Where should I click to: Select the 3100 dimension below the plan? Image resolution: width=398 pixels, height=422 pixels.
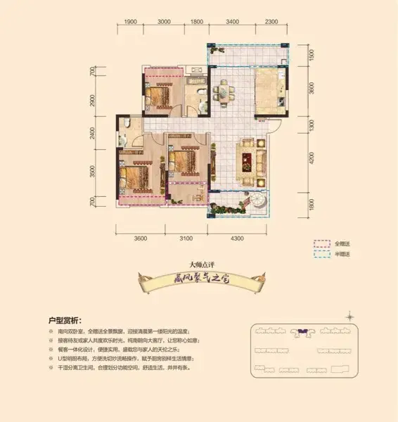pos(186,238)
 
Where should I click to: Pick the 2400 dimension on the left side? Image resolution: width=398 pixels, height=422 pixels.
pos(91,133)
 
